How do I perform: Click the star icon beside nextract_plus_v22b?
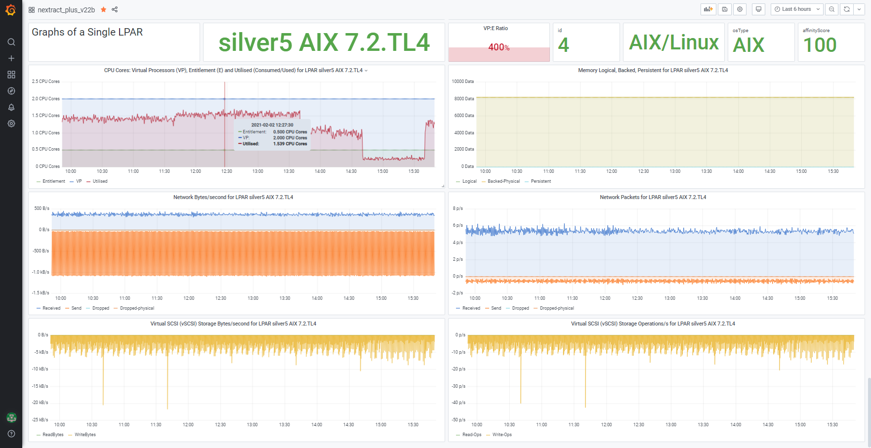click(x=103, y=9)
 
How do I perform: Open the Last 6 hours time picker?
click(x=796, y=9)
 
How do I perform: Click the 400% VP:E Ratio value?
click(x=498, y=47)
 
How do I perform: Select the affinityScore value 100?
click(x=820, y=45)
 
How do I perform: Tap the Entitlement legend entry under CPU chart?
click(x=53, y=181)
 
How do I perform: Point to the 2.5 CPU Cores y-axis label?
click(x=46, y=81)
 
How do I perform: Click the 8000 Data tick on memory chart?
click(x=464, y=99)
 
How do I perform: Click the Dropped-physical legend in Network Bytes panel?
click(x=137, y=308)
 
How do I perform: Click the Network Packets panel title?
click(x=653, y=197)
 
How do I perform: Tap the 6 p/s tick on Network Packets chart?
click(x=458, y=225)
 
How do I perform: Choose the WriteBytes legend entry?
click(x=85, y=435)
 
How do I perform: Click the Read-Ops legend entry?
click(x=472, y=435)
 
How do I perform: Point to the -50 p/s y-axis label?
click(x=458, y=420)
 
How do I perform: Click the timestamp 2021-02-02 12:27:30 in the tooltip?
click(x=272, y=125)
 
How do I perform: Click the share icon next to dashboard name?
click(x=115, y=9)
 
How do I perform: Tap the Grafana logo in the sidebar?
click(x=11, y=10)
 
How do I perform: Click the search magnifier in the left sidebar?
click(x=11, y=42)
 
